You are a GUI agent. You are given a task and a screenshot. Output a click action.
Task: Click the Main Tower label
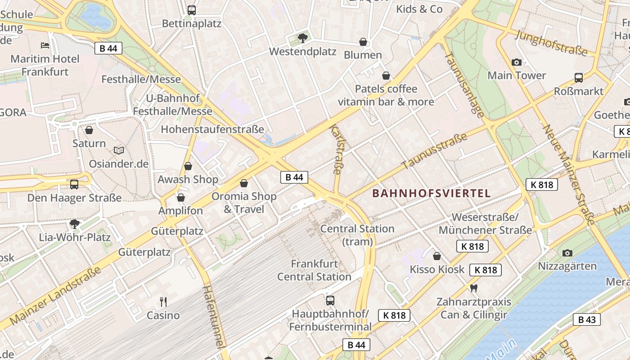point(517,75)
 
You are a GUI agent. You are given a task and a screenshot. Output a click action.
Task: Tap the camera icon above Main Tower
point(517,62)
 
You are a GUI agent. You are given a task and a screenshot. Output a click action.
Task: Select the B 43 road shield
point(587,319)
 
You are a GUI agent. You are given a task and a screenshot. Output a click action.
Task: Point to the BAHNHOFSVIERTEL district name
point(432,193)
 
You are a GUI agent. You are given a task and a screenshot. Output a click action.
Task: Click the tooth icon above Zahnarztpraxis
point(473,288)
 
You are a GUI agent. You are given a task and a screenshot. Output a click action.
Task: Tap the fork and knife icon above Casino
point(163,301)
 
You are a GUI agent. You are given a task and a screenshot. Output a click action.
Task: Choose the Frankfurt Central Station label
point(314,270)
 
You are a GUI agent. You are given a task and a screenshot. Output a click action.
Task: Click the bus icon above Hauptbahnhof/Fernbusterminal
point(330,300)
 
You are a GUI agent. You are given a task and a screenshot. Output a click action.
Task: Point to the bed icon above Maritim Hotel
point(45,45)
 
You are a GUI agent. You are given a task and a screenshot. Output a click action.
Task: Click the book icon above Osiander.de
point(119,150)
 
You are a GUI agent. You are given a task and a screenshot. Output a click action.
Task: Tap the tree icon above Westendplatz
point(303,38)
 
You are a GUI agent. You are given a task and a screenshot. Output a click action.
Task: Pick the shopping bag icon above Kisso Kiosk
point(436,256)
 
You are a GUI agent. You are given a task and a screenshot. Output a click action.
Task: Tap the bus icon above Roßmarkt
point(579,77)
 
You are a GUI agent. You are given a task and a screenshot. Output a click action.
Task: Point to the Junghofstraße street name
point(551,43)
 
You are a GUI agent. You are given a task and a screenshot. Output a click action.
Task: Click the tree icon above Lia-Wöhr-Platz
point(74,224)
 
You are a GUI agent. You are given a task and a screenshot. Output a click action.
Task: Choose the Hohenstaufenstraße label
point(212,130)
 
